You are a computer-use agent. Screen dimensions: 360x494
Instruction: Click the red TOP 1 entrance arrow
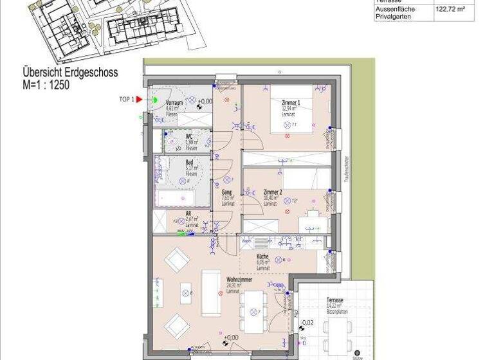click(138, 99)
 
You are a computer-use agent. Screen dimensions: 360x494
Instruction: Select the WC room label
click(189, 136)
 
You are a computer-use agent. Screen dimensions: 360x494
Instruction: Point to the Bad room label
click(189, 163)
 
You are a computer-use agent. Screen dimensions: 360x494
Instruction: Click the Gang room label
click(226, 193)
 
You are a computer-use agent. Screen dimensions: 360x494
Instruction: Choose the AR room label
click(188, 214)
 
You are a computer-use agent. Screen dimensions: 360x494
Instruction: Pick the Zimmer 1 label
click(291, 104)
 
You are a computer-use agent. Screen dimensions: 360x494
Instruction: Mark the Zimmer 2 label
click(274, 192)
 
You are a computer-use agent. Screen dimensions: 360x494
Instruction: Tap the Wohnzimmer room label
click(238, 281)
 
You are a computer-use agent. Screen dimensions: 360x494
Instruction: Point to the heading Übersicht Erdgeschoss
click(70, 73)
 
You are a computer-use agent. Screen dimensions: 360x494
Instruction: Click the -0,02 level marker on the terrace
click(307, 323)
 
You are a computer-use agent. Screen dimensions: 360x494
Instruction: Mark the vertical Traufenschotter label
click(345, 170)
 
